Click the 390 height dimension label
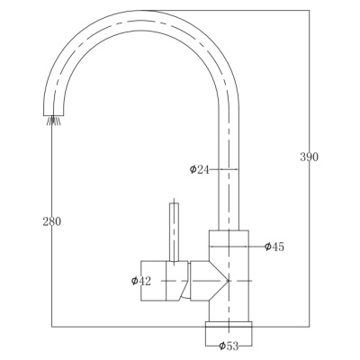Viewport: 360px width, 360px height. [x=310, y=157]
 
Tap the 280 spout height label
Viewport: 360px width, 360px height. [x=52, y=221]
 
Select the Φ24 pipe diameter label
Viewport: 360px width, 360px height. [x=199, y=169]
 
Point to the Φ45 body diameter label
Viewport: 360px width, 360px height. [x=274, y=247]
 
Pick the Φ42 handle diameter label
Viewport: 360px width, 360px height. [x=141, y=281]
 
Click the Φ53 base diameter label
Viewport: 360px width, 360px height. [x=229, y=346]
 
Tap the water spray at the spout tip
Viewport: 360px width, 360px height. [x=54, y=121]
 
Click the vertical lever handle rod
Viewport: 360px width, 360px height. [x=174, y=232]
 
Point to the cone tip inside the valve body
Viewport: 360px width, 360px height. [x=229, y=281]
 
